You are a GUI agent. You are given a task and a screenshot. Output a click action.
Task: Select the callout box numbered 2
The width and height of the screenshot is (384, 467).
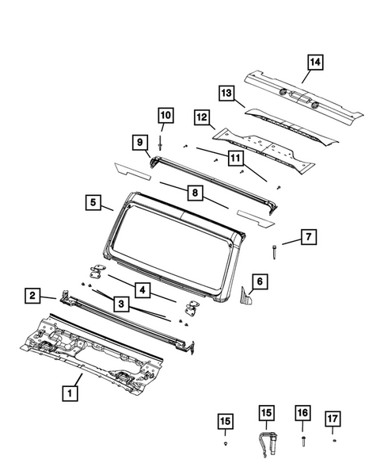(x=32, y=296)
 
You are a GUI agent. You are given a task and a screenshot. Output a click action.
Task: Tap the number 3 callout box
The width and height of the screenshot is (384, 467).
(x=121, y=303)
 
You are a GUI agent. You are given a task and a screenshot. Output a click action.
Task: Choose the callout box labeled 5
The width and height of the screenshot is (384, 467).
(x=93, y=203)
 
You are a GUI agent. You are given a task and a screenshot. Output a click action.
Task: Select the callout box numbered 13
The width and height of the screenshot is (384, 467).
(x=139, y=143)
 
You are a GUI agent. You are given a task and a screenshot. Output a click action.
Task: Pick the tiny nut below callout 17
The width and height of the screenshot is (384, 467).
(x=334, y=438)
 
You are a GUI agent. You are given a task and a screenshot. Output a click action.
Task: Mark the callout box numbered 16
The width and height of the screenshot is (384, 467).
(x=302, y=413)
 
